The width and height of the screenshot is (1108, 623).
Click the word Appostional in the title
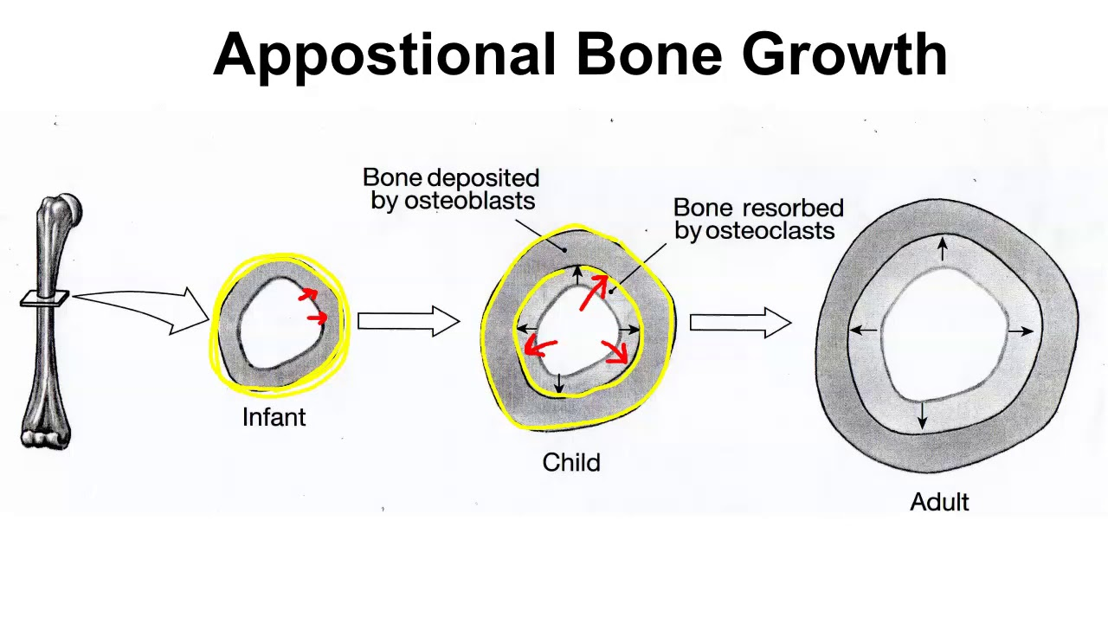tap(384, 55)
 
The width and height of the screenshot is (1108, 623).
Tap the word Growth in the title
tap(844, 54)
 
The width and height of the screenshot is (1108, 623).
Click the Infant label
tap(274, 417)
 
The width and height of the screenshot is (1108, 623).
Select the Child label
tap(571, 462)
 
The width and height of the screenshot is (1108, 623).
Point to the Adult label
tap(939, 501)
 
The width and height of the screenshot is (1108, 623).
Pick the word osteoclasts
tap(770, 230)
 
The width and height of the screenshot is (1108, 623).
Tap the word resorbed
tap(793, 208)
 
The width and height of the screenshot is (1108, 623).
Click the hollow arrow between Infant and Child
tap(409, 321)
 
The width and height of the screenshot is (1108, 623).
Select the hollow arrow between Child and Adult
tap(740, 323)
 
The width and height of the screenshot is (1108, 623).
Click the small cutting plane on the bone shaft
tap(44, 299)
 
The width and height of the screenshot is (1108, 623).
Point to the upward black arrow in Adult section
tap(943, 248)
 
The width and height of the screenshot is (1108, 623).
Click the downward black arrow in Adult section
tap(922, 415)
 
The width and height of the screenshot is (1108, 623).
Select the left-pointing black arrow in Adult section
tap(863, 330)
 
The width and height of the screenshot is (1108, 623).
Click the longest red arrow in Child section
tap(594, 292)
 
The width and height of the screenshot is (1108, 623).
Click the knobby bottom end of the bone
tap(46, 438)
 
